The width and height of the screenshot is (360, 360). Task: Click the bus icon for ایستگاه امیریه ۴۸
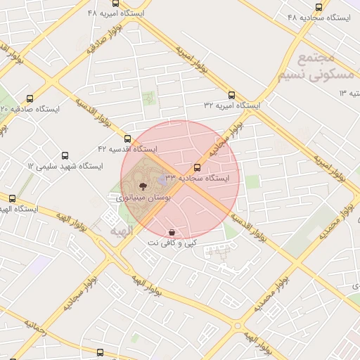(x=116, y=4)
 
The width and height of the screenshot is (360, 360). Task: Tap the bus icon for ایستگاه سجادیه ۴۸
(x=319, y=7)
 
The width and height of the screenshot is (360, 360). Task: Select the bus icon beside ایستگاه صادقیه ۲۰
(x=30, y=98)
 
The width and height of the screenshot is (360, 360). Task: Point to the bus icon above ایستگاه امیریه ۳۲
(x=231, y=95)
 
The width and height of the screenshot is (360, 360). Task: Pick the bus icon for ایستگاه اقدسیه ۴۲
(x=127, y=139)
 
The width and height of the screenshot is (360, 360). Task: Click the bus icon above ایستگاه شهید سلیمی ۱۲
(x=65, y=155)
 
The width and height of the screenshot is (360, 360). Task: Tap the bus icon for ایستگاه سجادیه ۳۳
(x=197, y=168)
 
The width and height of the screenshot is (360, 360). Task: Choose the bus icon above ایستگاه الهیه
(x=12, y=198)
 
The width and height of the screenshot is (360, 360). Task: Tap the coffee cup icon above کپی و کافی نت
(x=172, y=232)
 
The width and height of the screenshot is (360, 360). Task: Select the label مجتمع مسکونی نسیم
(x=313, y=66)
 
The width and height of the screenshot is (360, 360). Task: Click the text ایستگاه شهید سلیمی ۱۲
(x=65, y=166)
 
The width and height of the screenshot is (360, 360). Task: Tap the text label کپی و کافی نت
(x=172, y=243)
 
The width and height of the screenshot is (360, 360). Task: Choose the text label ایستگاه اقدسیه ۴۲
(x=127, y=149)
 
